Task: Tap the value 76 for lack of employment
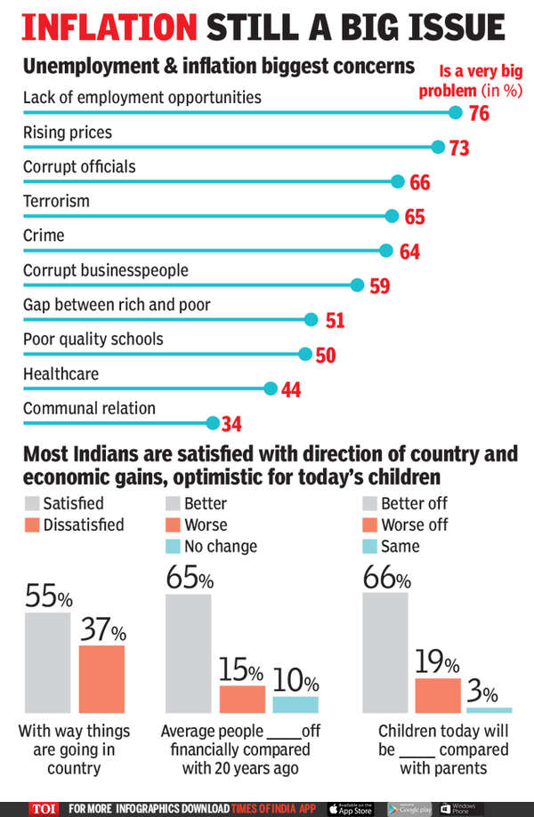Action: (x=479, y=114)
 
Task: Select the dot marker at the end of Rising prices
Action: (x=438, y=147)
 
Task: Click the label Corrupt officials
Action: (x=79, y=166)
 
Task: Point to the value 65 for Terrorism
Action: (x=414, y=217)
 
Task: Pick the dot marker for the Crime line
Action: (x=385, y=251)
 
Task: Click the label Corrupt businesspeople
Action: (x=105, y=269)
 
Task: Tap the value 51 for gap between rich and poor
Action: (x=335, y=321)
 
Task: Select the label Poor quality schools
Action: (x=93, y=339)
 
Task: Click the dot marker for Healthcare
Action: (x=271, y=388)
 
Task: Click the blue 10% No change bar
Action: (x=295, y=704)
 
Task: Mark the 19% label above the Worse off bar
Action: (x=438, y=663)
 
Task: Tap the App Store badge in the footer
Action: (x=353, y=807)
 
